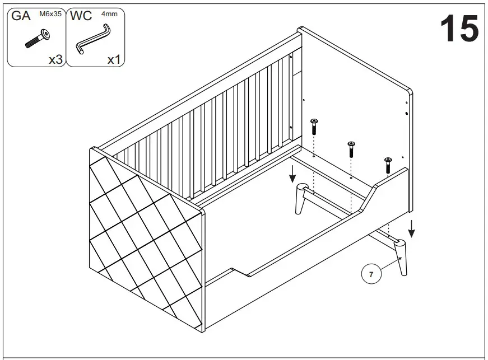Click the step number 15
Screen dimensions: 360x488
[459, 29]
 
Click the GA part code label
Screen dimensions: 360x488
[21, 16]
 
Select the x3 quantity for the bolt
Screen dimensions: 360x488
[55, 59]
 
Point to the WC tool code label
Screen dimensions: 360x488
[82, 16]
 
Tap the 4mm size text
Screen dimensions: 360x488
[109, 13]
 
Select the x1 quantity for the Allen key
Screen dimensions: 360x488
[114, 59]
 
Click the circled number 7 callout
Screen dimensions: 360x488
[370, 274]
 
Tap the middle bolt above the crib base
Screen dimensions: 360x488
[351, 149]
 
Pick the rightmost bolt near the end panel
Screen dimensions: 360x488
[388, 165]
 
